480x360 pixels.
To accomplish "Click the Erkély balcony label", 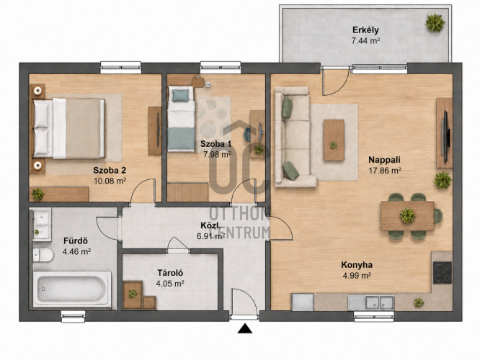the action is [x=365, y=30].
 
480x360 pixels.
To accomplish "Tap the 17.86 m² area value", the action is [x=385, y=171].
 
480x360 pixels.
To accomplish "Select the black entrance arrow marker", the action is [x=245, y=328].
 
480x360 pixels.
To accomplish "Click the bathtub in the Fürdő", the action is [x=72, y=289].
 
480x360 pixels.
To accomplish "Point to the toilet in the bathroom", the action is [x=43, y=255].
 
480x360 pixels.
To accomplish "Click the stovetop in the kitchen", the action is [x=443, y=273].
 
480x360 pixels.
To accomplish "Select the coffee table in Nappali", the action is [x=334, y=140].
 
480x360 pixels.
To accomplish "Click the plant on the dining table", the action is [x=407, y=215].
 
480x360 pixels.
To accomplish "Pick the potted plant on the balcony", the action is [x=435, y=22].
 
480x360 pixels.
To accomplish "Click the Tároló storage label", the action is [x=170, y=273].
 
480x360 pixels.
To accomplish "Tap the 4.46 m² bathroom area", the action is [x=76, y=252].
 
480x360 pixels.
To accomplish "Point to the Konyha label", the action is [x=357, y=264].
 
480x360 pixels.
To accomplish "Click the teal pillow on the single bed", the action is [x=180, y=96].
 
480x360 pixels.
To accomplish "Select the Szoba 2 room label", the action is [x=110, y=170].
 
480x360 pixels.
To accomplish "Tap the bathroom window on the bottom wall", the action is [x=74, y=317].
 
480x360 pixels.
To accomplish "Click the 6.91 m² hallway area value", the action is [x=211, y=236].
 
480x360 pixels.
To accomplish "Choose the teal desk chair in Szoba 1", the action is [x=247, y=135].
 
